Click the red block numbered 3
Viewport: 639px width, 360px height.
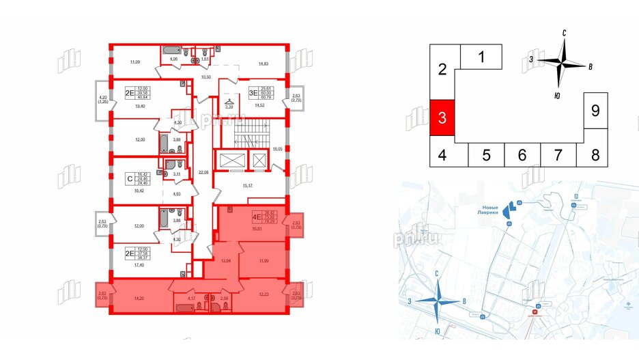(x=442, y=117)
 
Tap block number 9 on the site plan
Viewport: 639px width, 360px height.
(x=595, y=111)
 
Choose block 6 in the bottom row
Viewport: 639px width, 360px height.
(x=522, y=155)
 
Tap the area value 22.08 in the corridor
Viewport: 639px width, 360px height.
(x=201, y=171)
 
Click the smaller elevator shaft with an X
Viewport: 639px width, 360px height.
(x=260, y=161)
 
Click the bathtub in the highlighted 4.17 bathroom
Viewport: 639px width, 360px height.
(x=184, y=307)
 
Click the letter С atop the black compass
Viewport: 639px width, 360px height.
(x=565, y=32)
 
